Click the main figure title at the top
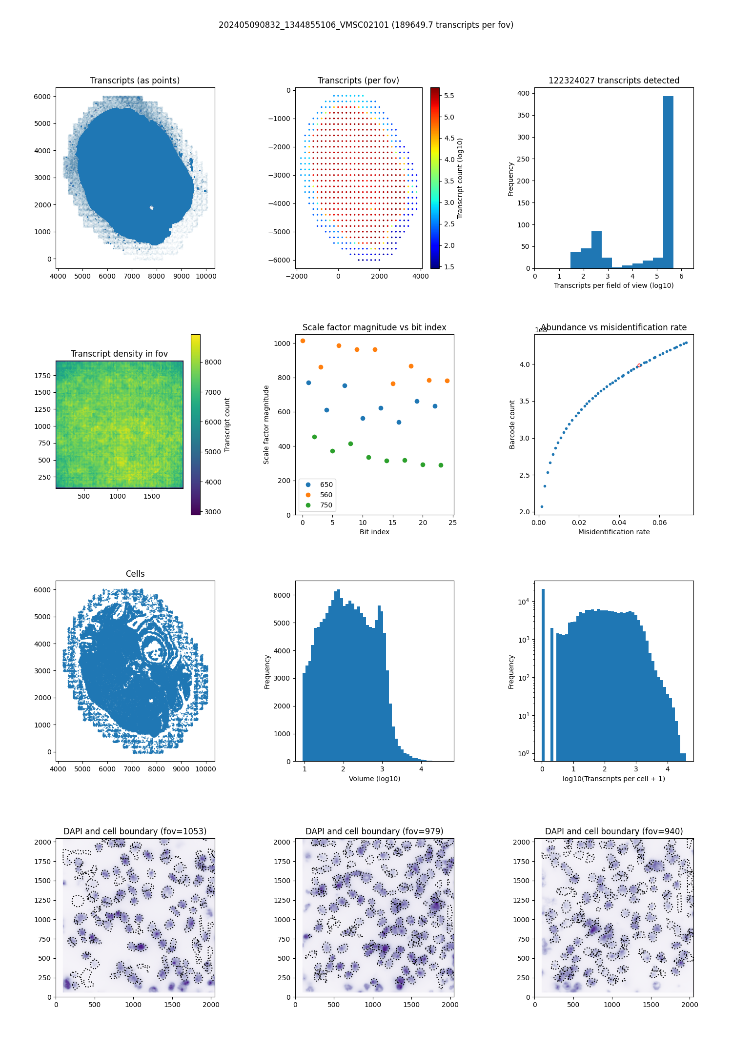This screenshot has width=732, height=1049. [366, 25]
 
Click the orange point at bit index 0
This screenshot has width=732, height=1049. [303, 341]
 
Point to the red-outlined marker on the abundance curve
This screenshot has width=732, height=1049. [639, 365]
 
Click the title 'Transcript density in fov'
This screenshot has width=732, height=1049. [119, 354]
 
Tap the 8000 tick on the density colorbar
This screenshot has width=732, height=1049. [213, 362]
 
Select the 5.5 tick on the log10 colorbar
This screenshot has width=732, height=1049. [449, 96]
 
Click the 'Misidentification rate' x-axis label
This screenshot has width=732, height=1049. [614, 532]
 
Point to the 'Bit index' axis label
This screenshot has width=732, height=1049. [374, 532]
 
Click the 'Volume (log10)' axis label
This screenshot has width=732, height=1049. [374, 779]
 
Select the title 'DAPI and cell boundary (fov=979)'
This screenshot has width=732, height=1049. [374, 831]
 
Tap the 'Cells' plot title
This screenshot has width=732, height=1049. [135, 574]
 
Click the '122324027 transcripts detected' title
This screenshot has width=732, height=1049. [614, 81]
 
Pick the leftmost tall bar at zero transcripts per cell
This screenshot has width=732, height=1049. [543, 673]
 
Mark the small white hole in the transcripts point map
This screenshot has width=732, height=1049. [152, 207]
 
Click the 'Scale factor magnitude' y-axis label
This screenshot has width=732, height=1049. [266, 424]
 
